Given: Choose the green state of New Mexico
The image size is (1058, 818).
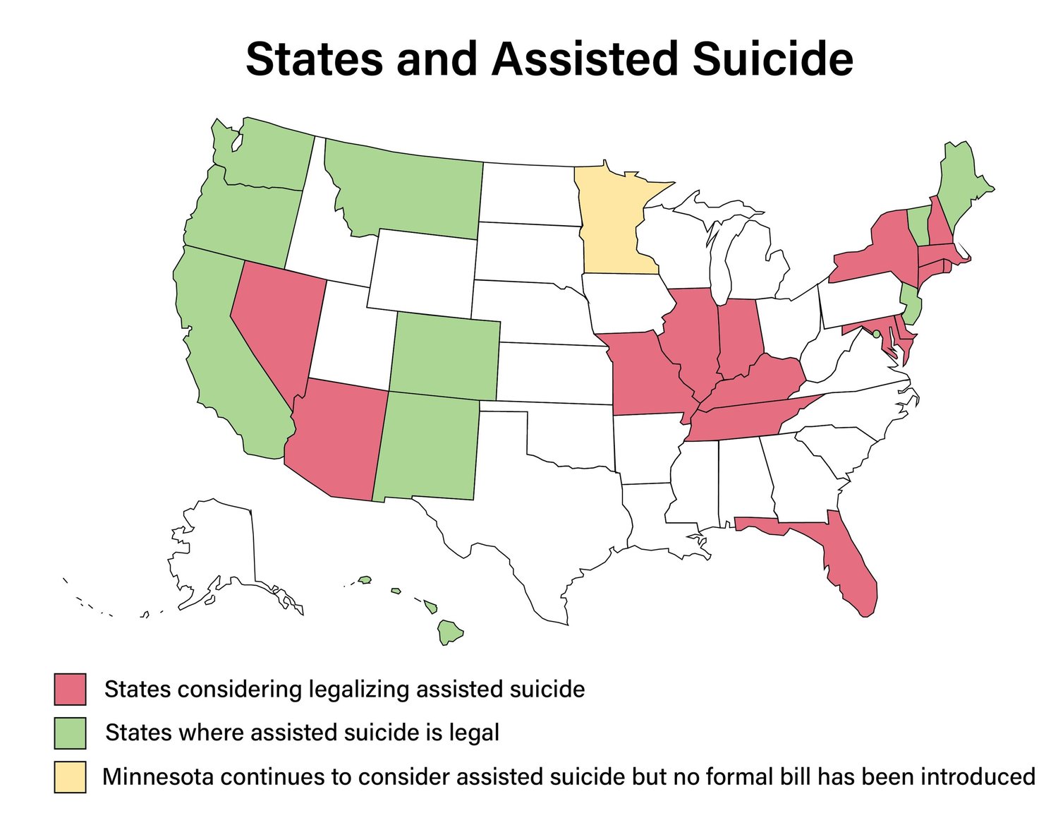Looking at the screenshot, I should tap(427, 448).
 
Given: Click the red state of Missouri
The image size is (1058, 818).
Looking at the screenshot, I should tap(645, 374).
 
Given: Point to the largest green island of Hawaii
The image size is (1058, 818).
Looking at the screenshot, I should tap(449, 632).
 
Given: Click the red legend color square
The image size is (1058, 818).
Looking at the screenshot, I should tap(70, 689).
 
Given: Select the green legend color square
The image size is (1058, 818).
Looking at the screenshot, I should tap(70, 733).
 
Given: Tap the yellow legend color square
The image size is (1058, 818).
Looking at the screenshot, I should tap(70, 776).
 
